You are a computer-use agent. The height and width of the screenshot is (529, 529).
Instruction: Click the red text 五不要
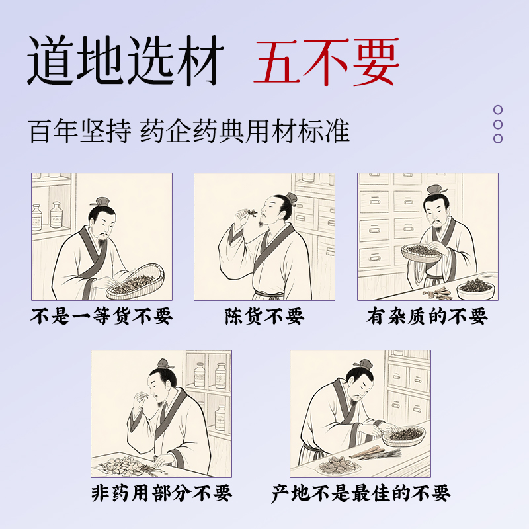pyautogui.click(x=326, y=61)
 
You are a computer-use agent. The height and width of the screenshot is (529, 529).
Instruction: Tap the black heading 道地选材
pyautogui.click(x=126, y=61)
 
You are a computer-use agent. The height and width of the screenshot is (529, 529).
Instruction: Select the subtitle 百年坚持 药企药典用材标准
pyautogui.click(x=189, y=131)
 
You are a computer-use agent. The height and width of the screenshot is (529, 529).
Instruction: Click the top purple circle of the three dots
pyautogui.click(x=498, y=110)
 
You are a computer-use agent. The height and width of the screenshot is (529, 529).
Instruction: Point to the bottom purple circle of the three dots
pyautogui.click(x=498, y=138)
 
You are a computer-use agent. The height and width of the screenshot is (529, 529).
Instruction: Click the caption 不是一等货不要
pyautogui.click(x=101, y=316)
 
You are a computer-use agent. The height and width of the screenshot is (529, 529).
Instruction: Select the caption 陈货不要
pyautogui.click(x=264, y=316)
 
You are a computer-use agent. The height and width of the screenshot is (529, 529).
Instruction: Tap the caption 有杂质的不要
pyautogui.click(x=427, y=316)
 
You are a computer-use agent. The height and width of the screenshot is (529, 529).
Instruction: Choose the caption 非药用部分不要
pyautogui.click(x=161, y=493)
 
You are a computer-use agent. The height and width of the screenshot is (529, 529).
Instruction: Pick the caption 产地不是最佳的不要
pyautogui.click(x=361, y=493)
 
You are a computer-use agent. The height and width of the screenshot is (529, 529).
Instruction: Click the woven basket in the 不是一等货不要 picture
pyautogui.click(x=136, y=282)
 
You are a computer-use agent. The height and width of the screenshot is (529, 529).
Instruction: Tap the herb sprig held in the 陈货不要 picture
pyautogui.click(x=251, y=212)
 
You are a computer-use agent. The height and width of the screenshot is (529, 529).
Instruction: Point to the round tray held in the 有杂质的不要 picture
pyautogui.click(x=422, y=253)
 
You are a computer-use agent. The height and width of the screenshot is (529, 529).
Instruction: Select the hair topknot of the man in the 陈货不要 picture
pyautogui.click(x=291, y=198)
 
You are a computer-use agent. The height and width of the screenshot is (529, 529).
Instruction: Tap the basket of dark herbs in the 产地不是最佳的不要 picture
pyautogui.click(x=404, y=436)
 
